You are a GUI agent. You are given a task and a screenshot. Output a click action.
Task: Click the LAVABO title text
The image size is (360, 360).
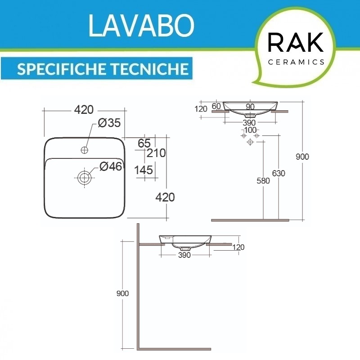pos(141,26)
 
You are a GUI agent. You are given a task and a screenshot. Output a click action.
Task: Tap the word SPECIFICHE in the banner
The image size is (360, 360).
pos(61,69)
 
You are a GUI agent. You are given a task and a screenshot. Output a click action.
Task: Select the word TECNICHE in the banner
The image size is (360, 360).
pos(149,69)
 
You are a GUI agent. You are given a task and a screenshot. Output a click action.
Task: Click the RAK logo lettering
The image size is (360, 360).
pos(296,42)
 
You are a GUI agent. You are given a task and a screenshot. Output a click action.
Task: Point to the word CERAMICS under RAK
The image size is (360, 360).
pos(296,62)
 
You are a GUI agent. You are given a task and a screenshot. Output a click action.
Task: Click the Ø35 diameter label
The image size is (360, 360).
pos(109,123)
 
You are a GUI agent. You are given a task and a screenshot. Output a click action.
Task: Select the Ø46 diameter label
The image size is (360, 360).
pos(111,166)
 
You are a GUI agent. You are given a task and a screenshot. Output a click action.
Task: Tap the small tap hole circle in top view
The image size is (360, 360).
pos(85,150)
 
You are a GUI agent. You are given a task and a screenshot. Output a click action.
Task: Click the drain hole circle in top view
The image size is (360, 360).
pos(85,178)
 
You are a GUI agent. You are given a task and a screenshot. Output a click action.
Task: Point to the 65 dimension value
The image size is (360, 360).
pos(144,143)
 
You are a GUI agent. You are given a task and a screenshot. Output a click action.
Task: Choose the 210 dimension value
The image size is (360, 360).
pos(156,153)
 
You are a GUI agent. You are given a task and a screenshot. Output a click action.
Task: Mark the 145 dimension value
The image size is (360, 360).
pos(144,170)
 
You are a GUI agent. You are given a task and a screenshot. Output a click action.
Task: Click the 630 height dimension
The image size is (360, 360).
pos(279,173)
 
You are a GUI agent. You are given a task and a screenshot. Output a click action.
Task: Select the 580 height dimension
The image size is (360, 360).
pos(263,181)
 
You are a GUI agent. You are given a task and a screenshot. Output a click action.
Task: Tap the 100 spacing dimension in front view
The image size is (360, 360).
pos(250,130)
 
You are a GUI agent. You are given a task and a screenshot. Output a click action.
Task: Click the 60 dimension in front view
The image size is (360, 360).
pos(216,106)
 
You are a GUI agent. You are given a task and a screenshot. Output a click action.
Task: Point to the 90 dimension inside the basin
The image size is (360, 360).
pos(250,107)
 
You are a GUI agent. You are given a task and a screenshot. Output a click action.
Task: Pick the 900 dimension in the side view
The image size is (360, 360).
pos(122,293)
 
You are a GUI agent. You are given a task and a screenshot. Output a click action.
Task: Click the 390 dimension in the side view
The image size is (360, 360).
pos(184,255)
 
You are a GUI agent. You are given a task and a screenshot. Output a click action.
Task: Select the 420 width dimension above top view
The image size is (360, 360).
pos(84,110)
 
